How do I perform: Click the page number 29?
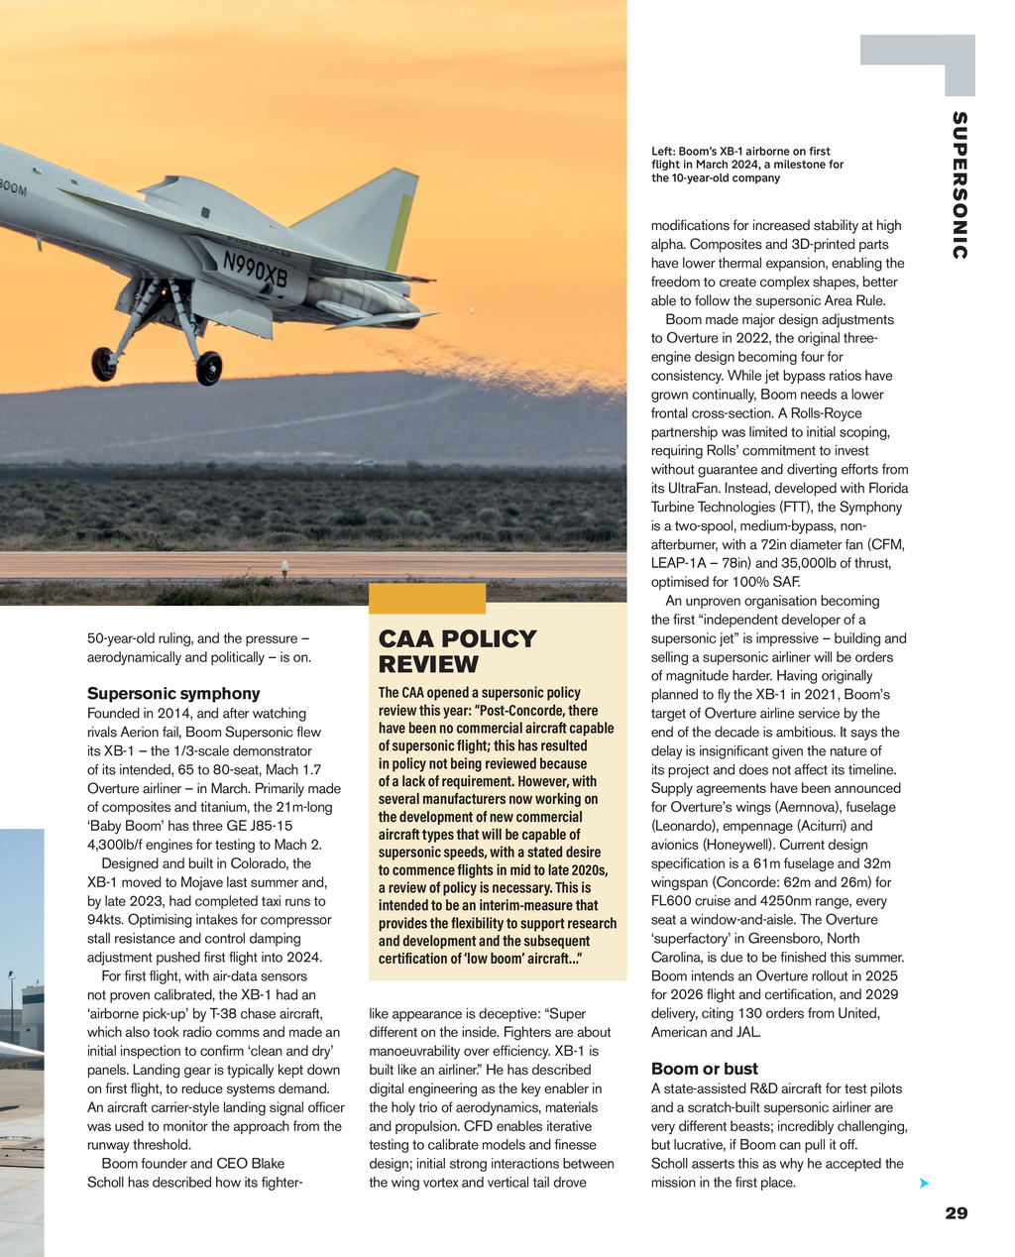click(x=956, y=1212)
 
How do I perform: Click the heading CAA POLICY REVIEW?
click(x=457, y=651)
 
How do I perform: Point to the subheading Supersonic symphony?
click(x=173, y=693)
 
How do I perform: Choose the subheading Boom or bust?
click(x=705, y=1069)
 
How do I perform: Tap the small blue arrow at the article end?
click(x=924, y=1184)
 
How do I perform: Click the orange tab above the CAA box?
click(x=427, y=599)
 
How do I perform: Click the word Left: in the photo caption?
click(x=664, y=152)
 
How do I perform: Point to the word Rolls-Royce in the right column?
click(x=829, y=413)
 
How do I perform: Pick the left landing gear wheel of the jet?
click(x=103, y=364)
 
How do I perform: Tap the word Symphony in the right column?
click(x=870, y=508)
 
